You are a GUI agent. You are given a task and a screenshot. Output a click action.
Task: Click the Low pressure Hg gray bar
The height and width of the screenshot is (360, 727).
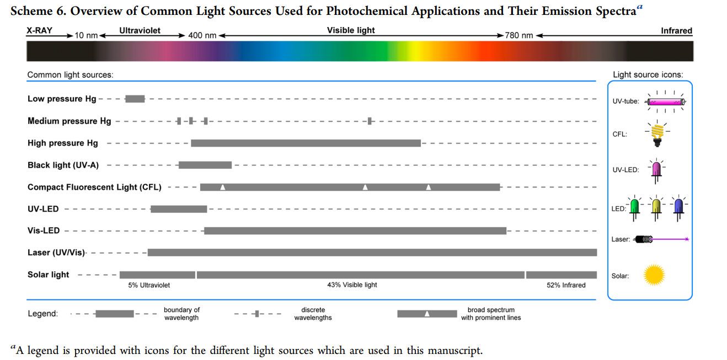coord(135,99)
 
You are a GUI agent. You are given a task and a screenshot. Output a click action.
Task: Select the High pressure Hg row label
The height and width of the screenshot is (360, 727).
coord(63,143)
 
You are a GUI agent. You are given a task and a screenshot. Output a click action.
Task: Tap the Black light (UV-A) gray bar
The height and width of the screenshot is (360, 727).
coord(205,165)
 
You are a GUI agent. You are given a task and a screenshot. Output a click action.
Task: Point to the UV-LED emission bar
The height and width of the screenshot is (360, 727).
coord(179,209)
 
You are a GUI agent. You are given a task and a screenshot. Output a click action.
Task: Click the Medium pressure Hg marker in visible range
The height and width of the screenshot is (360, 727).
coord(370,121)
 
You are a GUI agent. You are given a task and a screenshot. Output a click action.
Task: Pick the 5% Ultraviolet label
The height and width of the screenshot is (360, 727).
coord(149,285)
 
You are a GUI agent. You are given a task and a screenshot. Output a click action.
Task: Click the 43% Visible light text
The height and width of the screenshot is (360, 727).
coord(352,285)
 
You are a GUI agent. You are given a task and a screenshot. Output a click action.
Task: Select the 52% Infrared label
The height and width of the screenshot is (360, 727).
coord(566,285)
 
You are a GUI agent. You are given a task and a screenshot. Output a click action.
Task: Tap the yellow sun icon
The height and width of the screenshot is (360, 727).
coord(654,275)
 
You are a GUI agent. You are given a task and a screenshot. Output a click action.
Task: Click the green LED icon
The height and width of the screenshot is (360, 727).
coord(635,207)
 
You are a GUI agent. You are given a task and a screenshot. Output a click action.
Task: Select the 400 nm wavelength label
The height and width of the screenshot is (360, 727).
coord(202,35)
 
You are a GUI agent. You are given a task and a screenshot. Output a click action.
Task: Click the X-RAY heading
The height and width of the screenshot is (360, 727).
coord(39,31)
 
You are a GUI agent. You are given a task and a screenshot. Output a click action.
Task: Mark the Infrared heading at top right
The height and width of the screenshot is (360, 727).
coord(676,31)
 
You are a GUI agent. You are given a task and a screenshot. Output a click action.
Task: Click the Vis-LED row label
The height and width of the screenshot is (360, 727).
coord(44,230)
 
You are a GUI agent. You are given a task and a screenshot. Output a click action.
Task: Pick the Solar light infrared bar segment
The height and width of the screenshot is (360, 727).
coord(561,275)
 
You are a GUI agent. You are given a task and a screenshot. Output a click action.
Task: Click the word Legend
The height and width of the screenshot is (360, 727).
coord(42,314)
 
